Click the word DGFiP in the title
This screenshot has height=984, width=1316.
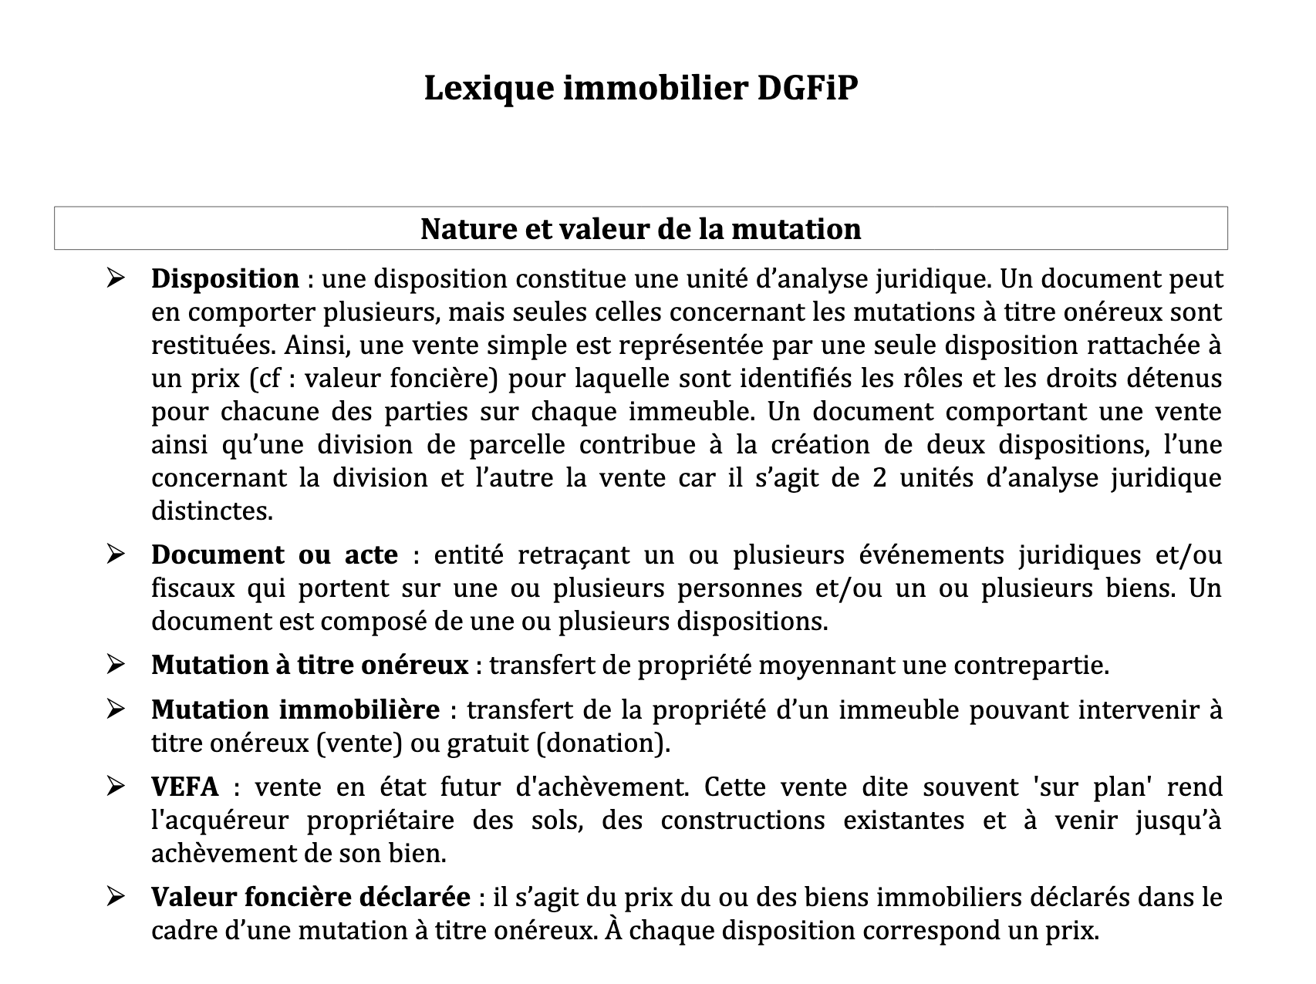pos(807,89)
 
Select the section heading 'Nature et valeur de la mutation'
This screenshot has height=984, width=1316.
pos(640,229)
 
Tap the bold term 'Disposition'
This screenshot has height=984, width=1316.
pos(224,278)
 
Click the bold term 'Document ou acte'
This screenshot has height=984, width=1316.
pos(275,554)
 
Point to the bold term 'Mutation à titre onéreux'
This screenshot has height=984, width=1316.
pos(309,665)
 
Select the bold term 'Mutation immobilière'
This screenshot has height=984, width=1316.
pos(295,709)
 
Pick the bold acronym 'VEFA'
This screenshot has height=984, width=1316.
pos(184,787)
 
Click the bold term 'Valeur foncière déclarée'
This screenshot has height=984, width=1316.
pos(310,898)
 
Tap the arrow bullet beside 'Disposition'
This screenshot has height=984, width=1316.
pos(116,278)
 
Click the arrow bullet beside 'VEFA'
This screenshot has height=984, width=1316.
pos(116,787)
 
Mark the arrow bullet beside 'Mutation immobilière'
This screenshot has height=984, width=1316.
pos(116,709)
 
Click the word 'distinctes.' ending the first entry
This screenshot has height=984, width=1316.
pos(212,511)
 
